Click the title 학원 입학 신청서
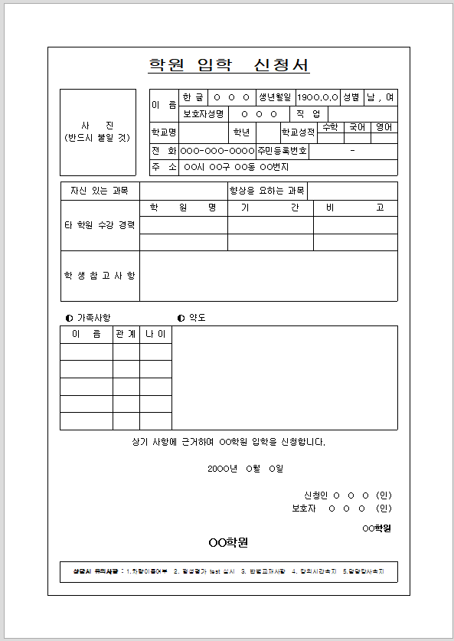[x=228, y=65]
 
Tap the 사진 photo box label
[x=97, y=131]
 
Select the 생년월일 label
[x=275, y=98]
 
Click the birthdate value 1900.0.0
[x=318, y=98]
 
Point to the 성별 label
[x=351, y=98]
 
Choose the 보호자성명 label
[x=204, y=114]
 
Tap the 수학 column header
[x=331, y=127]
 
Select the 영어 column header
[x=384, y=127]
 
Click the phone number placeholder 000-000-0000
[x=217, y=151]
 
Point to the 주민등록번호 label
[x=283, y=151]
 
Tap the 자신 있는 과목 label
[x=100, y=190]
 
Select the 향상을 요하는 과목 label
[x=267, y=190]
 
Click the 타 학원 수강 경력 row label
[x=100, y=225]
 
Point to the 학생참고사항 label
[x=100, y=276]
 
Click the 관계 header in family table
[x=126, y=335]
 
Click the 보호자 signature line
[x=341, y=508]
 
